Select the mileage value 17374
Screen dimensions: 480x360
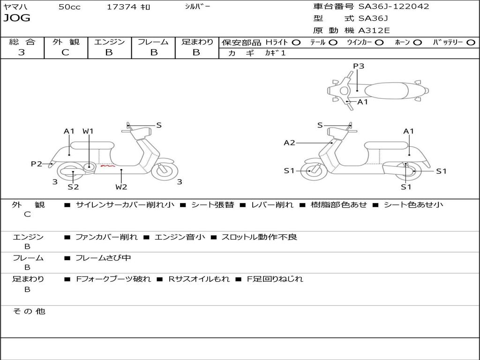pos(121,7)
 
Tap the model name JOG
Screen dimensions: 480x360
pos(17,18)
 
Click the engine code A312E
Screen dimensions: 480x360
pos(374,31)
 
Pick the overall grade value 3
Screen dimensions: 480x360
pos(22,52)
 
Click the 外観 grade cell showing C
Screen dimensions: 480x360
pos(65,52)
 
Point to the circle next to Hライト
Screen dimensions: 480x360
pos(296,42)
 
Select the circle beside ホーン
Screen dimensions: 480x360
pos(417,42)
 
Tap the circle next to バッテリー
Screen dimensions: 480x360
pos(471,42)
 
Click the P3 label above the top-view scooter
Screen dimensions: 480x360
pos(359,66)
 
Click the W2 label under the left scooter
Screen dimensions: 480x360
pos(121,187)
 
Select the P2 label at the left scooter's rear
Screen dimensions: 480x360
pos(37,164)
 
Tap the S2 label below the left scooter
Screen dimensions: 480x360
pos(73,187)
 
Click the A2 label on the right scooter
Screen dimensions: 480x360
pos(290,142)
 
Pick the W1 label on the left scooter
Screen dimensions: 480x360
pos(88,131)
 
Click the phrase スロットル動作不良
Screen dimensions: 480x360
pos(259,237)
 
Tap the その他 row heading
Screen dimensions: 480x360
pos(29,311)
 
